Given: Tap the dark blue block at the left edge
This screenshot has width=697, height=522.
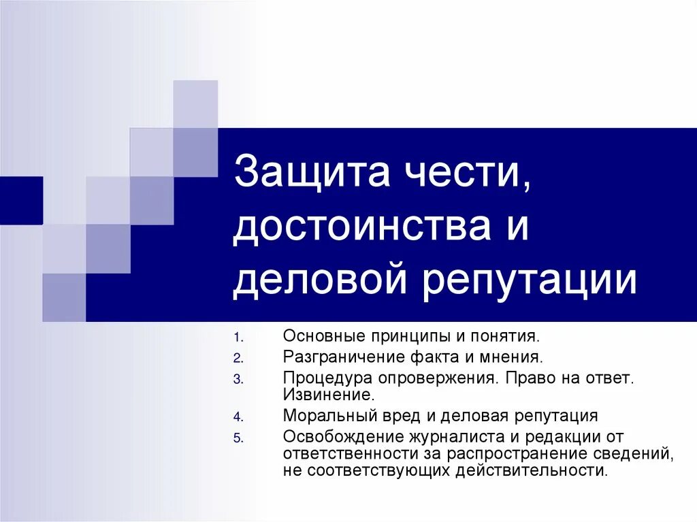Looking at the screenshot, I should [x=21, y=200].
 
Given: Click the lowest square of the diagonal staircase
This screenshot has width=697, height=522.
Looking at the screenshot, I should [x=64, y=297].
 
